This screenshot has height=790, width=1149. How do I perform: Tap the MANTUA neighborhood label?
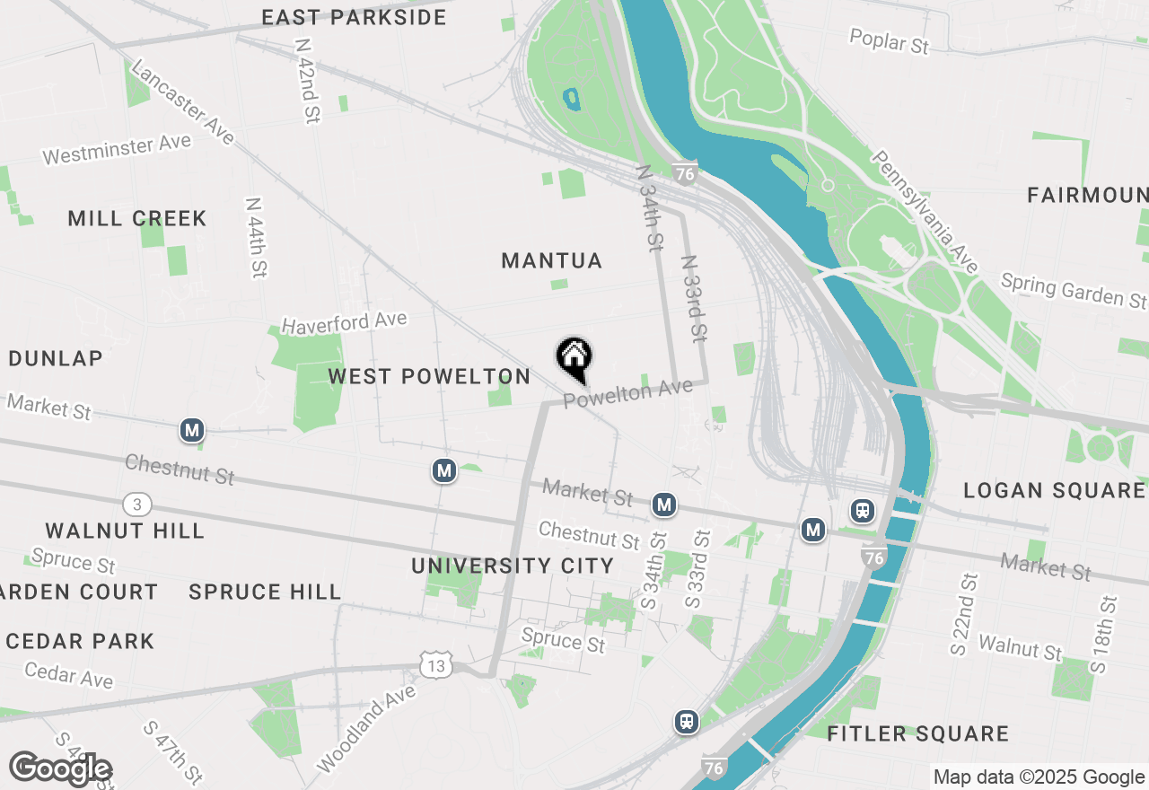(551, 260)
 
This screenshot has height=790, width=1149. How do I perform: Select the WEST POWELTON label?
(429, 376)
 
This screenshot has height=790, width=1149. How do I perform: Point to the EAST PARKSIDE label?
(354, 17)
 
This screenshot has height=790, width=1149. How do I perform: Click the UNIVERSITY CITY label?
(513, 566)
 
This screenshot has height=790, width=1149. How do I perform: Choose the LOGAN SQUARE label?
(1054, 490)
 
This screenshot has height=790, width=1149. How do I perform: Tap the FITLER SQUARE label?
(917, 733)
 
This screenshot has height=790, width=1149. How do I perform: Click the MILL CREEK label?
(137, 218)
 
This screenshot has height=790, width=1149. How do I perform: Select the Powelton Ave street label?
(628, 393)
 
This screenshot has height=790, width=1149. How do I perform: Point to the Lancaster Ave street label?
(182, 101)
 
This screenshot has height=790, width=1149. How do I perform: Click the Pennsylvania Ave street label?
(924, 212)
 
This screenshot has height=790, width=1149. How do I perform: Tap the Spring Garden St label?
(1074, 290)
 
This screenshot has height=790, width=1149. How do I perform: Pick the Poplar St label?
(889, 40)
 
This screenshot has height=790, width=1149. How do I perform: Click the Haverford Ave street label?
(344, 321)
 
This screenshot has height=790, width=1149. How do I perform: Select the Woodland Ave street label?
(366, 727)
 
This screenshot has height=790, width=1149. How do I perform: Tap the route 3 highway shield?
(136, 504)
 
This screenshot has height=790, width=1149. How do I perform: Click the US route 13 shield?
(435, 665)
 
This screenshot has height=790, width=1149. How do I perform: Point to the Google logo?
(61, 769)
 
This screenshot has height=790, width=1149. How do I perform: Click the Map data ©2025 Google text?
(1039, 777)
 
